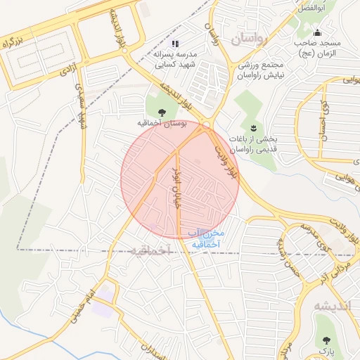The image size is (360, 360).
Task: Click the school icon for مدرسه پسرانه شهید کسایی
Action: (176, 43)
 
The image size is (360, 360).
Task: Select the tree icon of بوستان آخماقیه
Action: (162, 111)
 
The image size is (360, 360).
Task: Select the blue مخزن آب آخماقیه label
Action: (206, 238)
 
